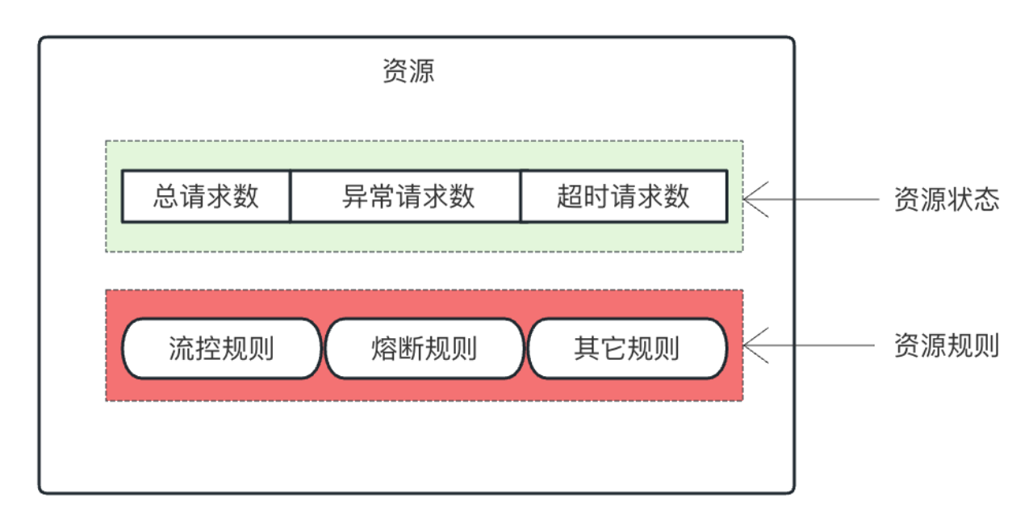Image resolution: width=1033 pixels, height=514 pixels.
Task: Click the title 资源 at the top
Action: coord(408,71)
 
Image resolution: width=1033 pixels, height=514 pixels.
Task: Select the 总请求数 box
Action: coord(206,196)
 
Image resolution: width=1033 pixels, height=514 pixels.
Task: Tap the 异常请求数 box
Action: coord(406,196)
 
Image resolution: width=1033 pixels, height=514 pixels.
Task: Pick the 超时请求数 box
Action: coord(624,196)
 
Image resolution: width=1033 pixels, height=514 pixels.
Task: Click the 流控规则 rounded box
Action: coord(221,348)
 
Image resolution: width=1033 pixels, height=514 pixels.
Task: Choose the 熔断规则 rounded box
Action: coord(424,348)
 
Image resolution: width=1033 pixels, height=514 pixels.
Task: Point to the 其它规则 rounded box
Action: coord(627,348)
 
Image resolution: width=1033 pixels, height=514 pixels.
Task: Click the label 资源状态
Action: coord(947,199)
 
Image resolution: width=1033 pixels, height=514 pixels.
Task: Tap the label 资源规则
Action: coord(947,345)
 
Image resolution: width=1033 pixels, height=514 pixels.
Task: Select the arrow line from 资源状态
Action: coord(811,199)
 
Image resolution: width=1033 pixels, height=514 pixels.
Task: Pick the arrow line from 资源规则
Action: coord(809,345)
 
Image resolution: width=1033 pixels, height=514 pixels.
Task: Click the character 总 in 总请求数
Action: coord(166,196)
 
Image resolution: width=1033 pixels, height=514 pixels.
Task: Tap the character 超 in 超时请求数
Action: coord(570,196)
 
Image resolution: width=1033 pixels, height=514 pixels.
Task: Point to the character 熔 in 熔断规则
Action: coord(384,348)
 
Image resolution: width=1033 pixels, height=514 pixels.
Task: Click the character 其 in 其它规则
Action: coord(587,348)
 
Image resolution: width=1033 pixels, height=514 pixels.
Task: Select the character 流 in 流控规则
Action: coord(182,348)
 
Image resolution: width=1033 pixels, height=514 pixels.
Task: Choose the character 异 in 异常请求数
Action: coord(355,196)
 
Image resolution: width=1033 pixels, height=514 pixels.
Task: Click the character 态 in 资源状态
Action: coord(987,199)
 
